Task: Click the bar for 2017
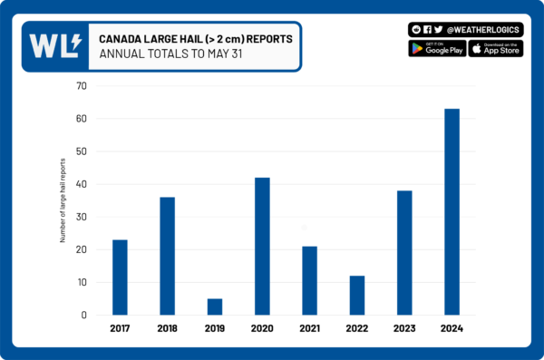tap(120, 277)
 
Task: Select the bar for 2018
tap(167, 257)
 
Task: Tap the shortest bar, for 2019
tap(215, 306)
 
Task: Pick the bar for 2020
tap(262, 247)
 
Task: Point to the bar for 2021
tap(309, 280)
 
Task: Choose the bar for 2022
tap(357, 296)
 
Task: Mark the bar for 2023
tap(404, 253)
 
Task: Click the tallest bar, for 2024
tap(452, 212)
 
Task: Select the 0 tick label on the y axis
tap(83, 316)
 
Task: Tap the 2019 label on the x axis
tap(215, 329)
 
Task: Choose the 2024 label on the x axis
tap(452, 329)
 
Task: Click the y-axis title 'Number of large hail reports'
tap(63, 200)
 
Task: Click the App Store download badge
tap(497, 48)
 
